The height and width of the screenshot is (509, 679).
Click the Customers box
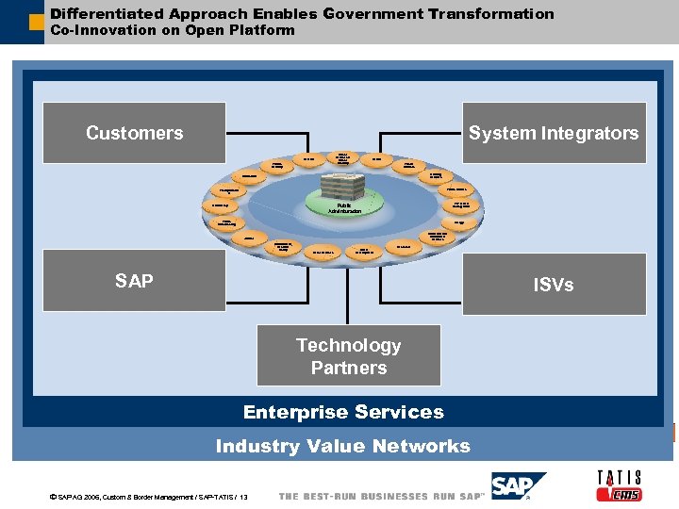tap(135, 133)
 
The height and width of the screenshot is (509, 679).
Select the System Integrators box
tap(554, 133)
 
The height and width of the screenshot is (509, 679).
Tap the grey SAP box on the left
tap(135, 280)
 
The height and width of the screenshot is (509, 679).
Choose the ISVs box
tap(553, 284)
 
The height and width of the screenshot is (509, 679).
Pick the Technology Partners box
tap(349, 356)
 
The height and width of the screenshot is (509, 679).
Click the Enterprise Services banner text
tap(343, 412)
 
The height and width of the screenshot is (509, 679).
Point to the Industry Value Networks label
tap(342, 447)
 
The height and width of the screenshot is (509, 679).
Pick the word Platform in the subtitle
tap(265, 30)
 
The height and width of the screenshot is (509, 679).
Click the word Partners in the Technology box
tap(349, 368)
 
